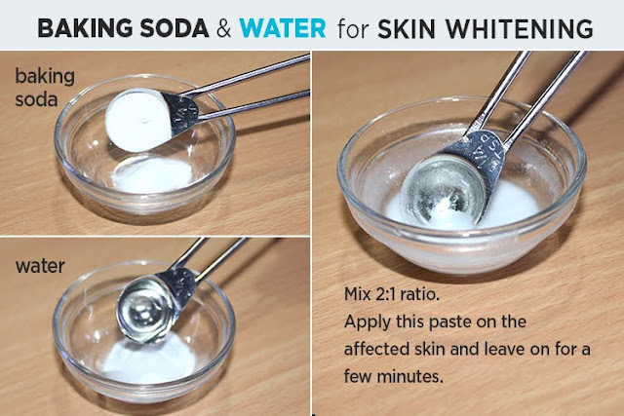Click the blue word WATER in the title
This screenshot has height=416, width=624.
pyautogui.click(x=283, y=28)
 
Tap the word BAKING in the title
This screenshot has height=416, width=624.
pyautogui.click(x=85, y=28)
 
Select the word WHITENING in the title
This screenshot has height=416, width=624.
pyautogui.click(x=520, y=28)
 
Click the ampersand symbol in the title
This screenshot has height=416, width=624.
pyautogui.click(x=223, y=29)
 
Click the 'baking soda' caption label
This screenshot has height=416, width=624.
pyautogui.click(x=45, y=88)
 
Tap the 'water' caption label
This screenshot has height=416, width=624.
pyautogui.click(x=40, y=266)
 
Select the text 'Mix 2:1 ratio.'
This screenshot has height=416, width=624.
pyautogui.click(x=392, y=294)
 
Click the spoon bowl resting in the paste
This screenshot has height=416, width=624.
pyautogui.click(x=443, y=192)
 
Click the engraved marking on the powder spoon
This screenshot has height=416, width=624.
pyautogui.click(x=184, y=115)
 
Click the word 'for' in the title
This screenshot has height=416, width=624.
pyautogui.click(x=353, y=28)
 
